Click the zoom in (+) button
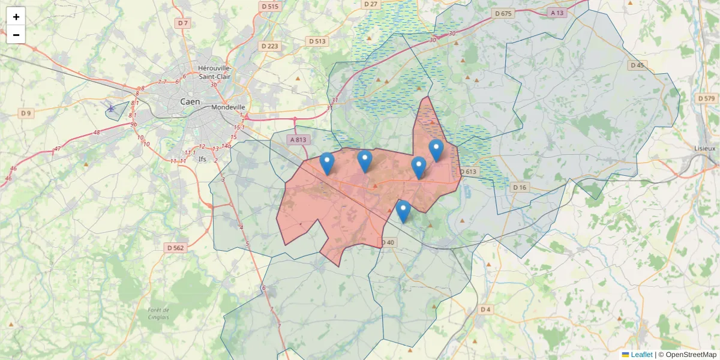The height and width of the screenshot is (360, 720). pyautogui.click(x=16, y=17)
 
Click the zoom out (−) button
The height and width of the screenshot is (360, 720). pyautogui.click(x=16, y=35)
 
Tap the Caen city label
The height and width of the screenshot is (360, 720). pyautogui.click(x=190, y=101)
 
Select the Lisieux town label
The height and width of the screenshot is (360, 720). pyautogui.click(x=704, y=148)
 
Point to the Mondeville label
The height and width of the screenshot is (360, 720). pyautogui.click(x=229, y=107)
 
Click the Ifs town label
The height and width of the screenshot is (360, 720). pyautogui.click(x=202, y=159)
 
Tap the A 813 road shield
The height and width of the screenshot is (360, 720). pyautogui.click(x=298, y=140)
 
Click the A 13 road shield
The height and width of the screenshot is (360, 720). pyautogui.click(x=557, y=13)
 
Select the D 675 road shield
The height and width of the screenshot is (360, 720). pyautogui.click(x=503, y=13)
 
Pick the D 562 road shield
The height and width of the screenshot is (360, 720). pyautogui.click(x=175, y=247)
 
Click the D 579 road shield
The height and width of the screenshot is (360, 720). pyautogui.click(x=707, y=98)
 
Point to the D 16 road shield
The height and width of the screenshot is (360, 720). pyautogui.click(x=520, y=187)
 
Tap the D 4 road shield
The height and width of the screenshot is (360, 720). pyautogui.click(x=485, y=309)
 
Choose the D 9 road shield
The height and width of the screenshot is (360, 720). pyautogui.click(x=25, y=113)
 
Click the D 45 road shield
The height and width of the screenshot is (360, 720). pyautogui.click(x=637, y=65)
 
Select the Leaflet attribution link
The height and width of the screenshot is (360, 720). pyautogui.click(x=641, y=355)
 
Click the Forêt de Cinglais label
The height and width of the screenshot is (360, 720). pyautogui.click(x=158, y=313)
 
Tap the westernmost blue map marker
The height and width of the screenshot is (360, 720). pyautogui.click(x=327, y=163)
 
